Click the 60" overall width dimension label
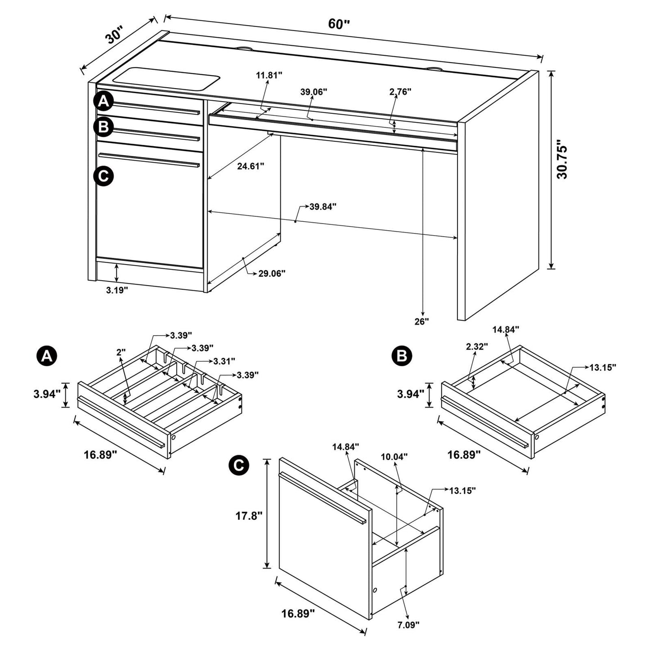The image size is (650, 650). [339, 24]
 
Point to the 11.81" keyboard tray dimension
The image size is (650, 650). [269, 75]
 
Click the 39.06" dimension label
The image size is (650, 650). [314, 92]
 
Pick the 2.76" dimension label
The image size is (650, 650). [400, 92]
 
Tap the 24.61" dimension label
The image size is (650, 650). [251, 166]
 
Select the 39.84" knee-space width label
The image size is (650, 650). [323, 206]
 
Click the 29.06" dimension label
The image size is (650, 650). [272, 273]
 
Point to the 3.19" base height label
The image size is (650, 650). [117, 290]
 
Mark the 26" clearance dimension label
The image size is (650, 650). [422, 321]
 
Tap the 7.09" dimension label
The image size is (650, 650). [408, 624]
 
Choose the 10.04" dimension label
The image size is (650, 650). [394, 457]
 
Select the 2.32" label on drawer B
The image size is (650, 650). [477, 346]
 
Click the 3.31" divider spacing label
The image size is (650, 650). [224, 361]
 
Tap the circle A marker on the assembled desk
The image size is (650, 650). [103, 102]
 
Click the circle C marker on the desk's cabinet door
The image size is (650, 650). [103, 175]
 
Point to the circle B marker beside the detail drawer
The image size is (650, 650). [402, 356]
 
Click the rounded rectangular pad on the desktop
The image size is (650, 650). [166, 77]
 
